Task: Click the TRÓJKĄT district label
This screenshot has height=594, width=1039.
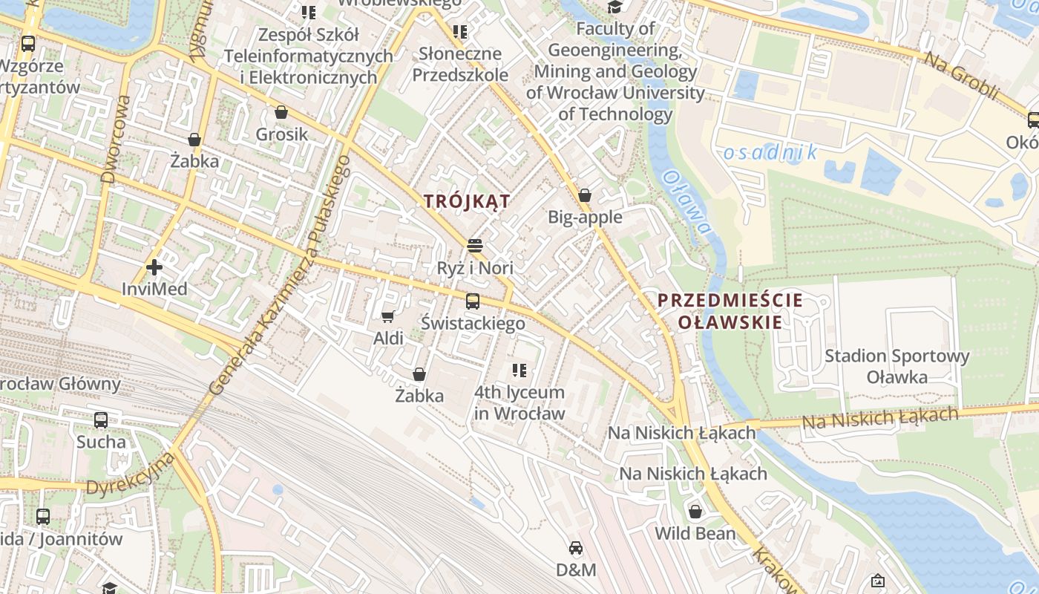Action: pos(467,201)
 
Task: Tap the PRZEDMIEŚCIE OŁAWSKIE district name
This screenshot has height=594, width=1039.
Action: pos(730,311)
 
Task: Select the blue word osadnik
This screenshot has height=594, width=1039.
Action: pos(770,153)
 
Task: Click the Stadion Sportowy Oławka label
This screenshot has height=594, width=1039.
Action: pos(897,366)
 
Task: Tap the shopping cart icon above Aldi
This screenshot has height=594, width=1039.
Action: pos(387,317)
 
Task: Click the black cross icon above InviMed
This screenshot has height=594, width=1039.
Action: pos(154,267)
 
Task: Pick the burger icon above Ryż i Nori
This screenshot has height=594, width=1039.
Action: pos(475,246)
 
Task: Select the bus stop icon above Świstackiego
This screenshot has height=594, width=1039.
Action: pos(473,301)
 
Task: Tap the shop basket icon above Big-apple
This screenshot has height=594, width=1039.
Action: pos(585,195)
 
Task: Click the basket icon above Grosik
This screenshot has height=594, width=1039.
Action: pos(281,113)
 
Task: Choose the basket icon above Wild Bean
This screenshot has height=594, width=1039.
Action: pos(695,512)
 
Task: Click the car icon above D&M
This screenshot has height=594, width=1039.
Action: pos(576,548)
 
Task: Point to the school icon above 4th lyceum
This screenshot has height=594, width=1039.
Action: pos(519,370)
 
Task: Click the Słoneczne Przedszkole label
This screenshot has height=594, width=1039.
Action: pos(460,64)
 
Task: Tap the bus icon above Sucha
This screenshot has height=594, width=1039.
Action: pos(101,420)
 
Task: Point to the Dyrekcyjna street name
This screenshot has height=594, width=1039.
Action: pos(131,474)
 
